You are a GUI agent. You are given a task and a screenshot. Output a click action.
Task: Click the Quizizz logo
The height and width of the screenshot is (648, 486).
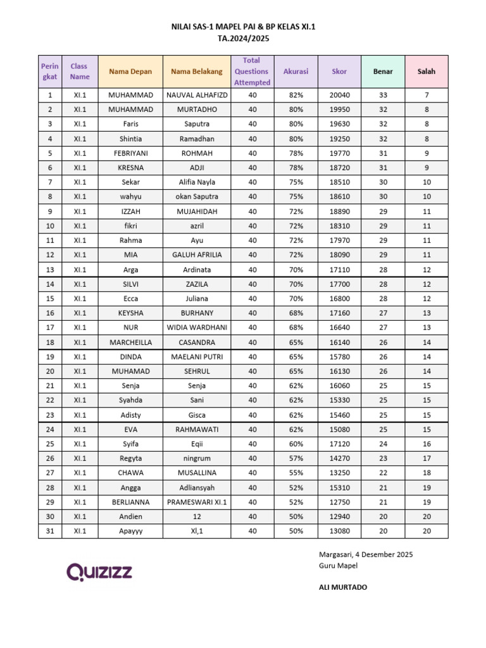coord(100,572)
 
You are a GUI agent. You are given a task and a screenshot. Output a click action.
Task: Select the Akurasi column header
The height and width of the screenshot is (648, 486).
coord(296,72)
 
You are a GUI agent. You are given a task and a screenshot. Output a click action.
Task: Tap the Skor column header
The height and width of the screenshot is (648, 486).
coord(339,72)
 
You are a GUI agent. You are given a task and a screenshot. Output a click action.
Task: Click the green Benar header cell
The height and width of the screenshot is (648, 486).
coord(383,72)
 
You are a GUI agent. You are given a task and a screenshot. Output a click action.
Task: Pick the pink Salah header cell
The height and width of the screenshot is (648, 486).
coord(427,72)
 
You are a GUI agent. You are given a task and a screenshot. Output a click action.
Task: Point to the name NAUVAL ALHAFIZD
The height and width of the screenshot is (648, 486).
coord(197,95)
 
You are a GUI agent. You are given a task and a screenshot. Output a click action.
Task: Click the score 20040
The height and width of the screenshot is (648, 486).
coord(339,95)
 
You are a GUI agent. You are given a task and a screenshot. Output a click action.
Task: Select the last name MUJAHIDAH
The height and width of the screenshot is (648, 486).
coord(197,211)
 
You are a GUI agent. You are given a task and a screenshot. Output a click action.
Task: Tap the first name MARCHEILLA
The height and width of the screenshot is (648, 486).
coord(131,342)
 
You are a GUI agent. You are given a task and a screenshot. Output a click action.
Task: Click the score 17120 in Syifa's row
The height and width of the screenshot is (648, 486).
coord(339,444)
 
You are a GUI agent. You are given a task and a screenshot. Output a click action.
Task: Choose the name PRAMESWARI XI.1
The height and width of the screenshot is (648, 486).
coord(197,502)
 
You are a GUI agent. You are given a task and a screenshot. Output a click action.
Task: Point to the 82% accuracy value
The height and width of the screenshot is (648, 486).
coord(296,95)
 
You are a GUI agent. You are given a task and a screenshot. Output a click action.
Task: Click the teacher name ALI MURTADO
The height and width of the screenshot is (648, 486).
coord(343,587)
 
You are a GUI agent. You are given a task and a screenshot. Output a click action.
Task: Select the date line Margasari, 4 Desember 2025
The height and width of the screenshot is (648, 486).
coord(366,554)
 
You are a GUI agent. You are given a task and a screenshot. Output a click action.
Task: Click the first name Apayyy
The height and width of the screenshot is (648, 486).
coord(131,532)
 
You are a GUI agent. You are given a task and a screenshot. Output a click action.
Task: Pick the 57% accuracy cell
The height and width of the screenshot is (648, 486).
coord(296,459)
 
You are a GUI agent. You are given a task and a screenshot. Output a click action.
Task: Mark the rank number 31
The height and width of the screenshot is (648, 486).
coord(49,532)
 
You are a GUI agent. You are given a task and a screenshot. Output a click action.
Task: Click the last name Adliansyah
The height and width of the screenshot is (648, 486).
coord(197,488)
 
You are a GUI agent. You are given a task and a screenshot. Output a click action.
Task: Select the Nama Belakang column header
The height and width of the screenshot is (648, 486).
coord(197,72)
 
